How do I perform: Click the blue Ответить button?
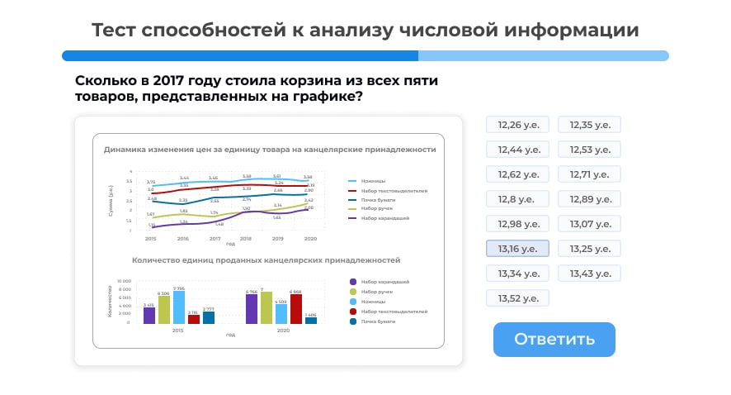554,339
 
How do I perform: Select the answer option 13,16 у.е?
517,249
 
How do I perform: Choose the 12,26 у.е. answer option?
517,125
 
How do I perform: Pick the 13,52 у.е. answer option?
517,298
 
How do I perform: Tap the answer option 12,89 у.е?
589,199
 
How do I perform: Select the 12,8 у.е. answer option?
517,199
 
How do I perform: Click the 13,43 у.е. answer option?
589,274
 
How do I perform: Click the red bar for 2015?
194,318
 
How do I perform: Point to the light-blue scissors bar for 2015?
179,307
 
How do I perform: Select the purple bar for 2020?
252,308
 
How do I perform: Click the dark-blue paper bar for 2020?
310,320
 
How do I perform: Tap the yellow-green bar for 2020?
266,307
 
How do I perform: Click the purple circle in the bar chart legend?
354,282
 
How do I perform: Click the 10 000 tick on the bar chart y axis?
123,281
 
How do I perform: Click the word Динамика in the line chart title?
125,150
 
